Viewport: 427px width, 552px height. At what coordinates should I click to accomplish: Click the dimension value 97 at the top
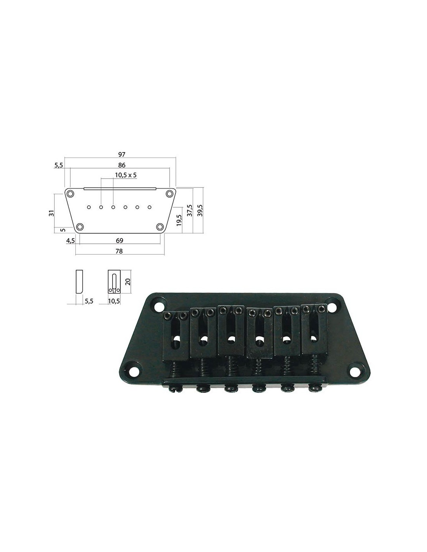coord(122,154)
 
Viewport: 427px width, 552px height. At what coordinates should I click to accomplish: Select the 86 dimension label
coord(122,165)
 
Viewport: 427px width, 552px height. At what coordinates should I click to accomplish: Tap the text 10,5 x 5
coord(126,175)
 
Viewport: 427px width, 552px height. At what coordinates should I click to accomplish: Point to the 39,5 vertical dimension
coord(200,210)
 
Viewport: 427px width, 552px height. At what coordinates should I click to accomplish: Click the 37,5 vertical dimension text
coord(189,210)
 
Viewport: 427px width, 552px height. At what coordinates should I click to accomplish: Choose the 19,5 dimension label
coord(179,220)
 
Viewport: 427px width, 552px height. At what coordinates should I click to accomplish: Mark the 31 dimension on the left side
coord(52,213)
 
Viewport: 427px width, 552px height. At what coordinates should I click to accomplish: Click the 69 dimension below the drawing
coord(120,240)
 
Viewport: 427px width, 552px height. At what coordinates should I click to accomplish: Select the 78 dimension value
coord(119,251)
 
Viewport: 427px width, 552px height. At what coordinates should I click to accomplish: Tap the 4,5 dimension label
coord(70,240)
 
